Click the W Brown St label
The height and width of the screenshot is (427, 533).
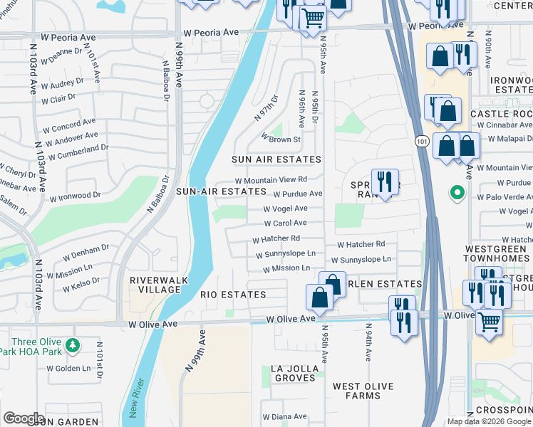(x=281, y=138)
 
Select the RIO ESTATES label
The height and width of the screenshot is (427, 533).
(x=233, y=295)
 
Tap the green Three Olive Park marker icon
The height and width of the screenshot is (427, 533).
(x=71, y=345)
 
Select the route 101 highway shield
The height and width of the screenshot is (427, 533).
(x=421, y=142)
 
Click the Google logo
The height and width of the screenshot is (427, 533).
(x=24, y=418)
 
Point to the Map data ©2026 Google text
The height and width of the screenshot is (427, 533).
(x=489, y=421)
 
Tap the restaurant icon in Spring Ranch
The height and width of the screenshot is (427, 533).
(x=385, y=181)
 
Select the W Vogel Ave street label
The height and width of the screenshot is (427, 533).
(x=285, y=209)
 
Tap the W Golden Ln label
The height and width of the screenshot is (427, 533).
(x=69, y=368)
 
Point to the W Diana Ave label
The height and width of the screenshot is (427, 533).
(x=284, y=416)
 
